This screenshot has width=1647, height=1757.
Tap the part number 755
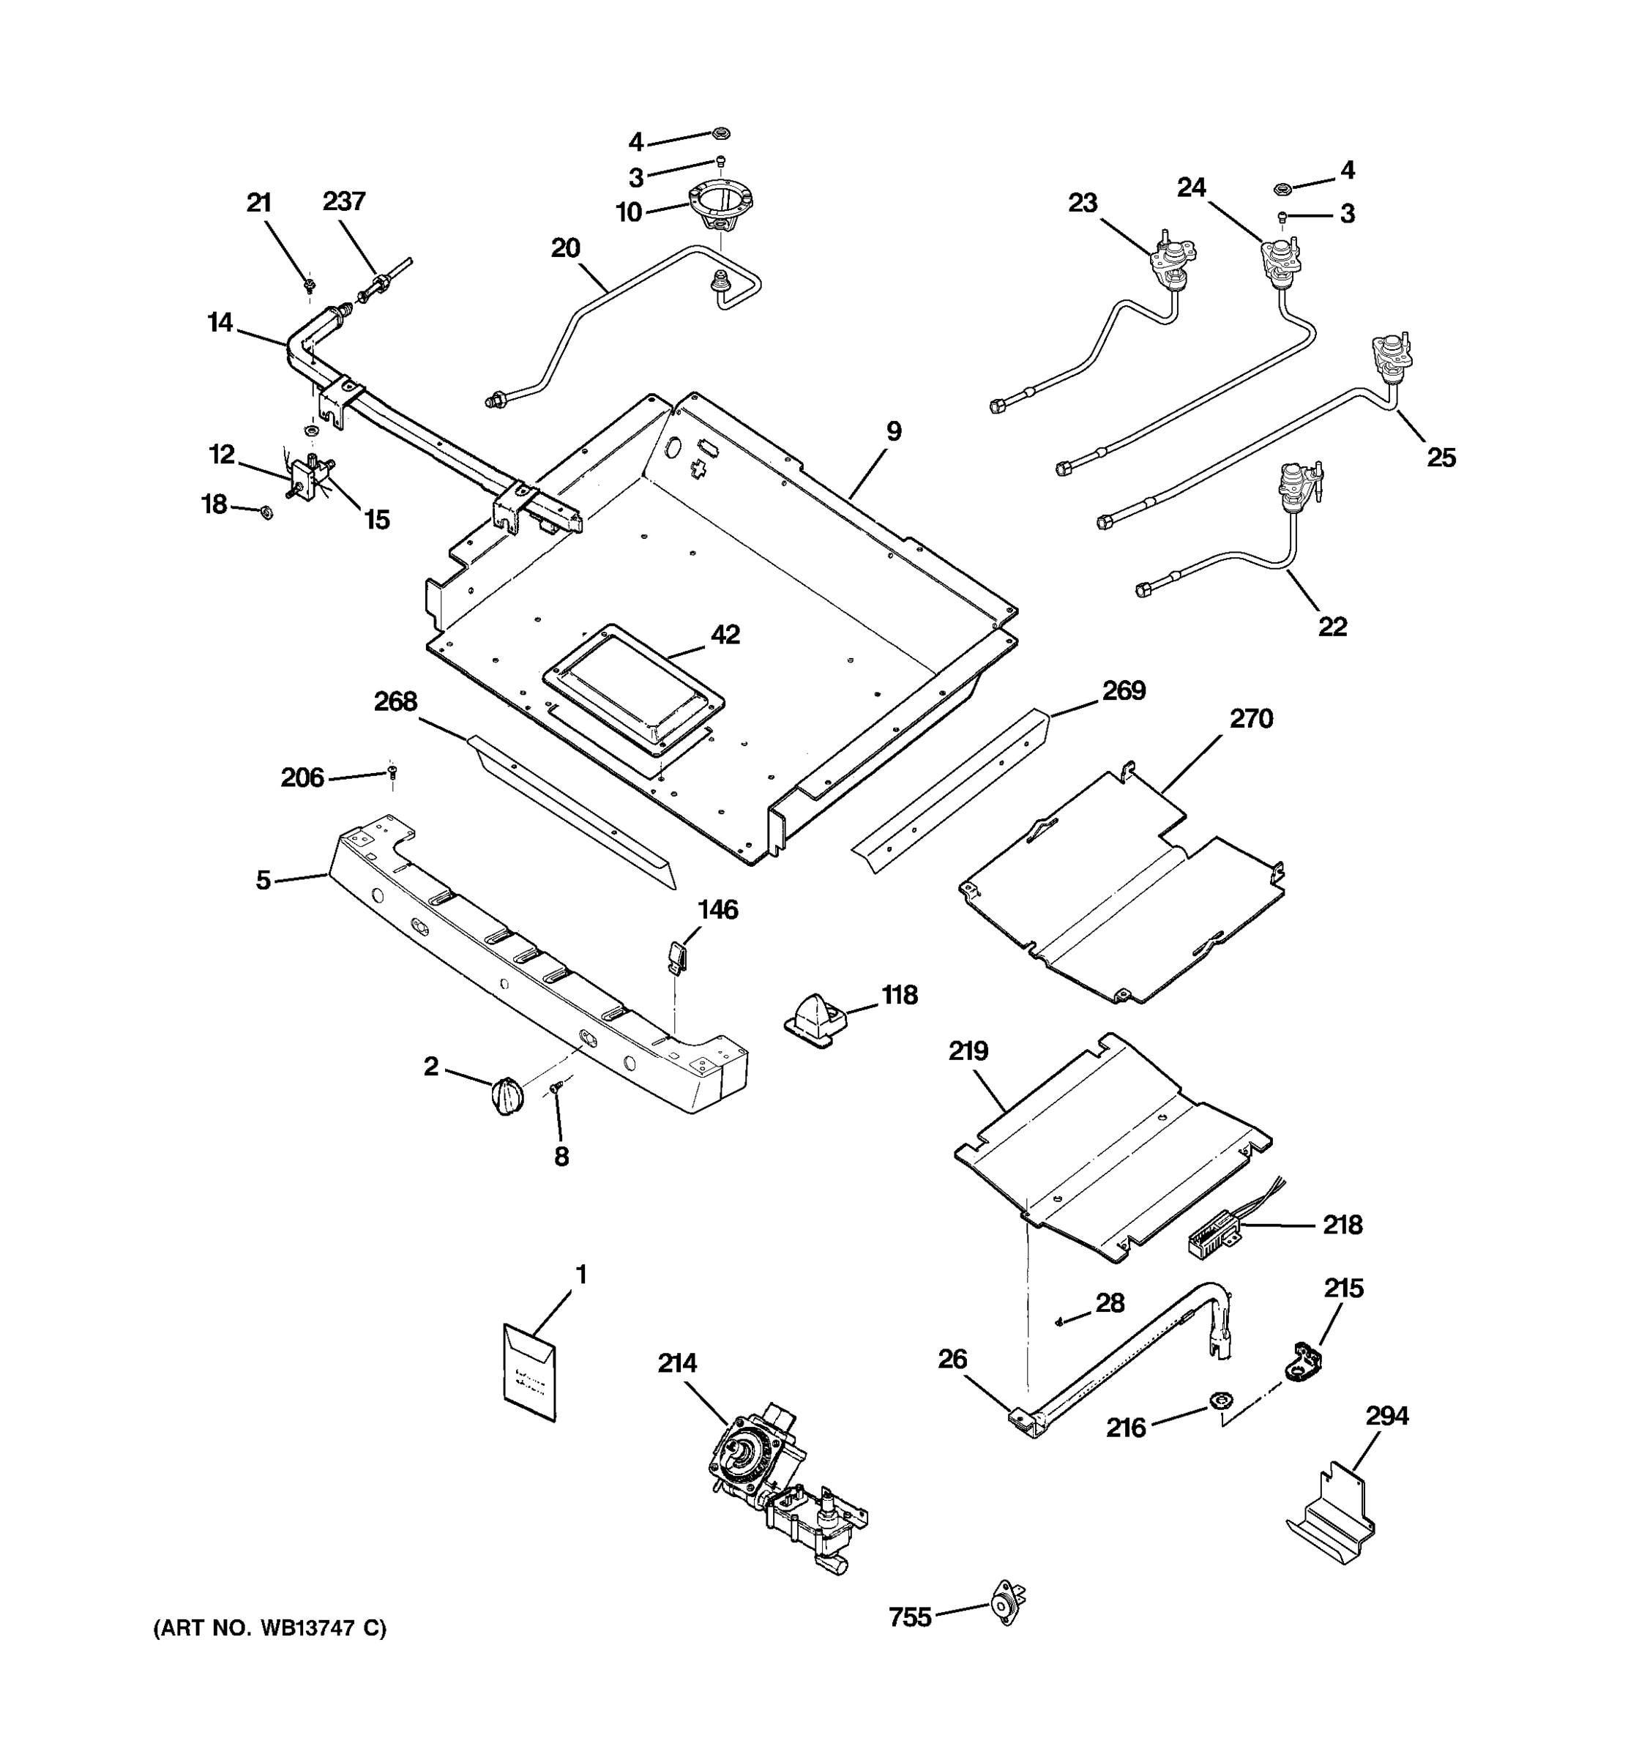[910, 1617]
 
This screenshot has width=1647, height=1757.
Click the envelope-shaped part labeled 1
[529, 1372]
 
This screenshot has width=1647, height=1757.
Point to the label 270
[1251, 718]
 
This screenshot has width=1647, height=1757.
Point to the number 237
[344, 201]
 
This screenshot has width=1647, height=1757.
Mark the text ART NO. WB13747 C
[269, 1629]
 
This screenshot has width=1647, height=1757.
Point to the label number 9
[893, 431]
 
